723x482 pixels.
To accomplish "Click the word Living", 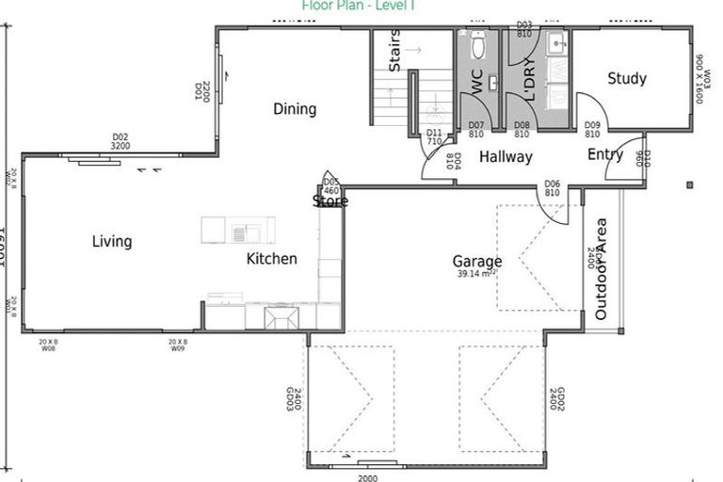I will click(111, 242).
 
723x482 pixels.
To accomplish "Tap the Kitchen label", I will click(272, 259).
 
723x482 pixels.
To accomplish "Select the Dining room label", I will click(295, 109).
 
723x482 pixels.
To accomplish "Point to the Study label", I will click(626, 79).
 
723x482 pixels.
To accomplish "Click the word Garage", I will click(476, 262).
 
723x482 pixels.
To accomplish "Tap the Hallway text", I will click(506, 157).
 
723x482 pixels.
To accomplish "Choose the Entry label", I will click(605, 154).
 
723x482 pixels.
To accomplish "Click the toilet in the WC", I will click(477, 44).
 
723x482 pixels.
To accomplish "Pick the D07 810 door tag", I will click(475, 130).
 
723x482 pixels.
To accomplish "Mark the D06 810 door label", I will click(552, 188).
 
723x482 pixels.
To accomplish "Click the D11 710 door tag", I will click(433, 137).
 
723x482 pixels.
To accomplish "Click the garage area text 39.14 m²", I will click(476, 274).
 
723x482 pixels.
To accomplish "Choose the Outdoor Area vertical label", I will click(601, 269).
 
